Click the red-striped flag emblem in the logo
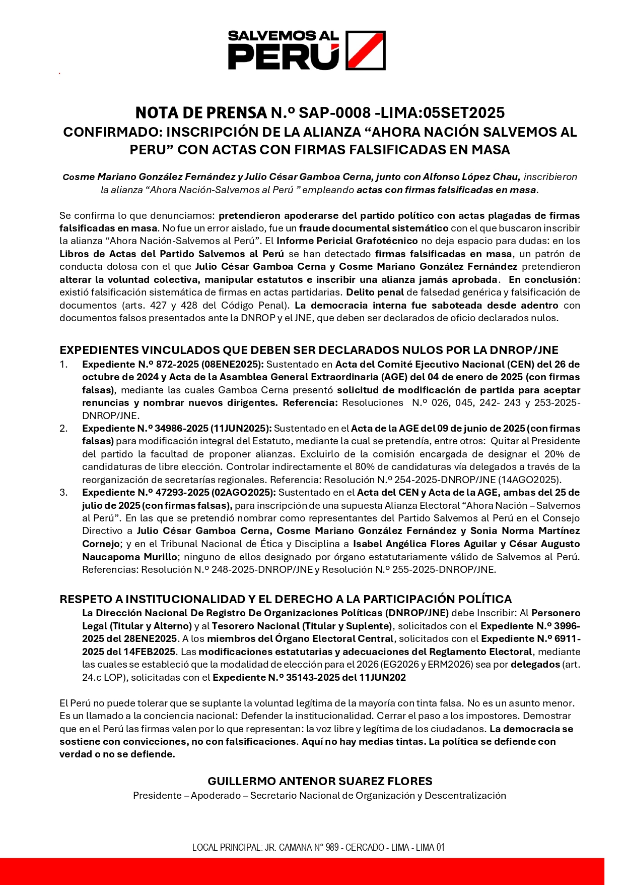(366, 50)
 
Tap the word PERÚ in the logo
(283, 56)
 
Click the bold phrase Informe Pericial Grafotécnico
(347, 241)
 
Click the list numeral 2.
(63, 428)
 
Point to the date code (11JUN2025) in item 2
(241, 428)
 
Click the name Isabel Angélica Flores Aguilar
(425, 544)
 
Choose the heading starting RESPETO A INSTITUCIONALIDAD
(286, 599)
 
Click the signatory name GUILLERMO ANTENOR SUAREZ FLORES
(320, 781)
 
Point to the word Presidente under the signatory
(157, 795)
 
